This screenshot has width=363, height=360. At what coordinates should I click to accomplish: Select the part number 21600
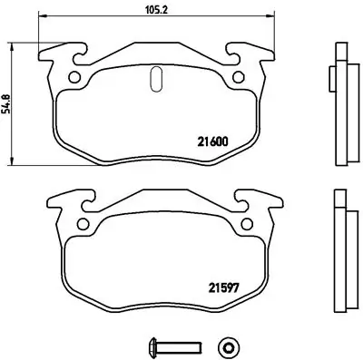[x=213, y=141]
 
